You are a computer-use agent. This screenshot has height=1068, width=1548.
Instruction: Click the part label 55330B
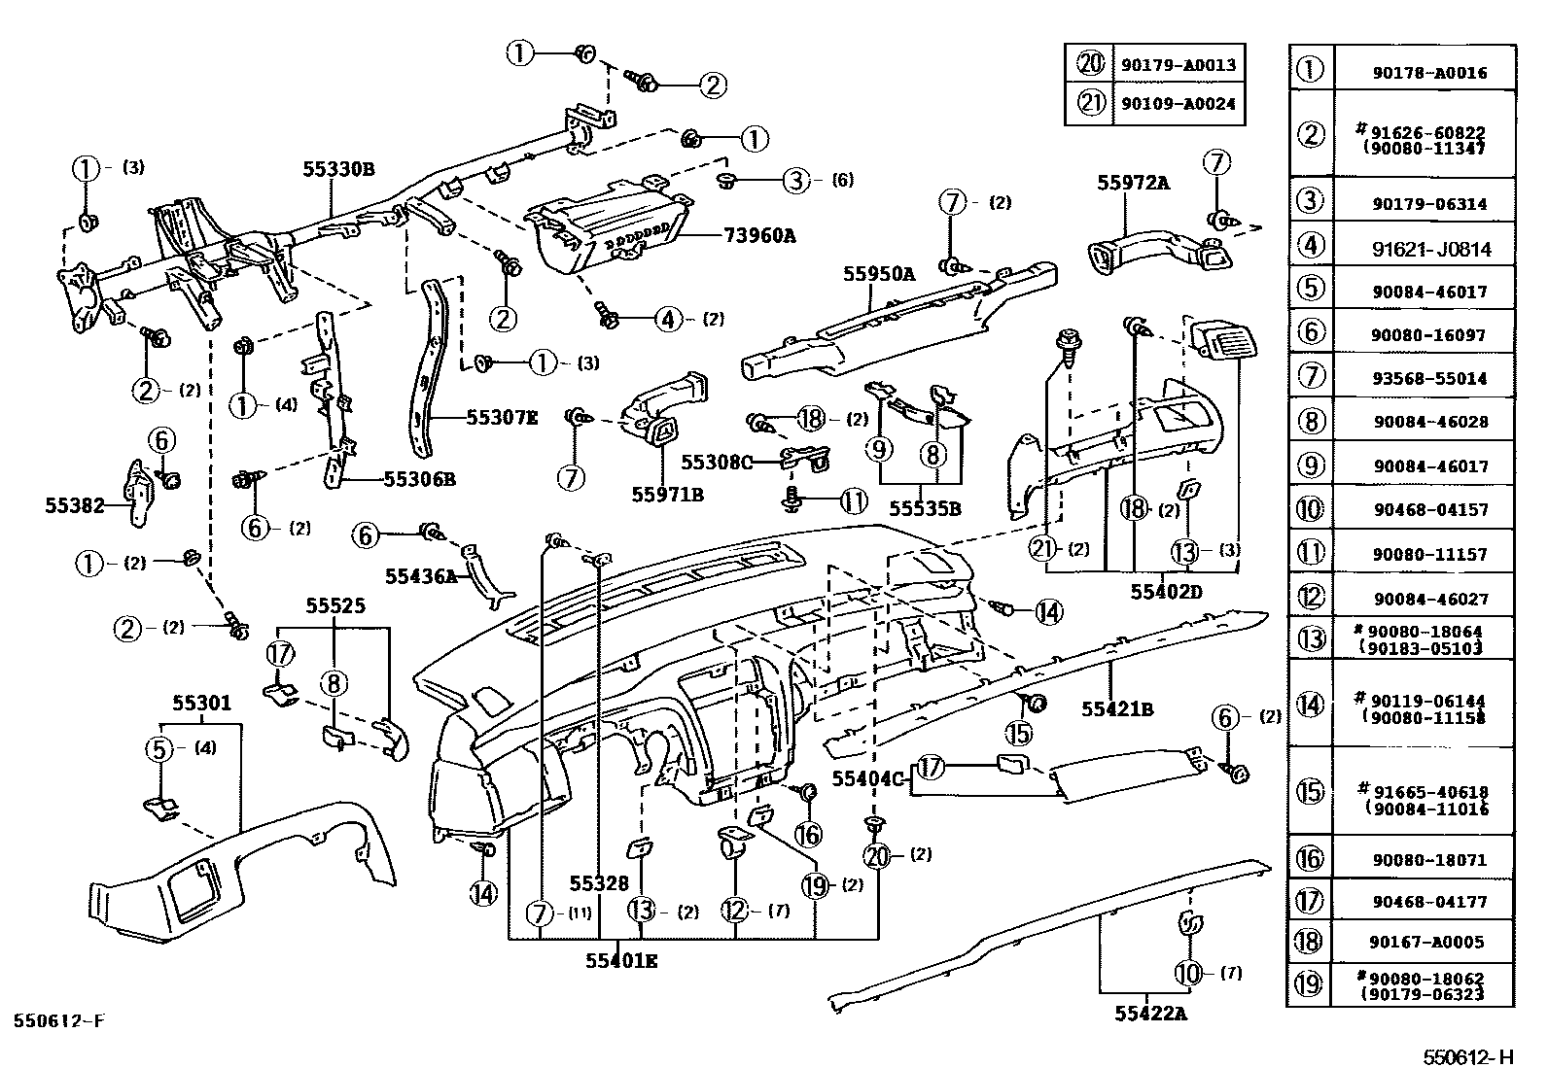[x=337, y=168]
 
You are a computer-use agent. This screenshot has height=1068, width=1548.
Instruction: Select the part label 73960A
[x=759, y=234]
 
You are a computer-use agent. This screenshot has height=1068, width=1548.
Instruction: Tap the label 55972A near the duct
[x=1134, y=182]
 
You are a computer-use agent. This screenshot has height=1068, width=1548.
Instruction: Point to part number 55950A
[x=879, y=274]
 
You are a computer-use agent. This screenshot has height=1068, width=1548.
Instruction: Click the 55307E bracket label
[x=502, y=417]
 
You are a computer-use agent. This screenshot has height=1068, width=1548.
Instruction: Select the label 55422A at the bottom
[x=1151, y=1014]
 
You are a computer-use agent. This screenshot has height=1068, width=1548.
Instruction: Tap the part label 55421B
[x=1117, y=709]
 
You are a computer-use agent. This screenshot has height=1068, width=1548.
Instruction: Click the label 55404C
[x=868, y=777]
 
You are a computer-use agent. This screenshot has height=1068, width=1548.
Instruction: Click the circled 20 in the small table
[x=1090, y=65]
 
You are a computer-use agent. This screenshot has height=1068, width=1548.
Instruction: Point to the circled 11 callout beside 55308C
[x=853, y=501]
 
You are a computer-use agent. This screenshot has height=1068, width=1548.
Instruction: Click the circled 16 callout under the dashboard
[x=808, y=834]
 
